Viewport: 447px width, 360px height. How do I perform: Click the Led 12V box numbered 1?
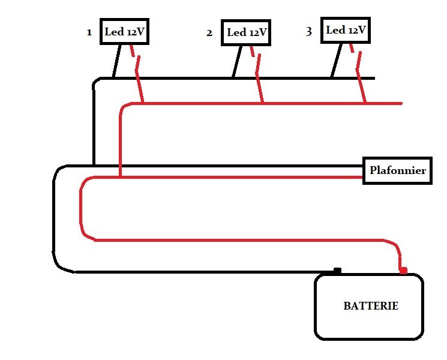(124, 32)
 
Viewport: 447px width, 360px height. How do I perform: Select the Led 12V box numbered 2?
(246, 32)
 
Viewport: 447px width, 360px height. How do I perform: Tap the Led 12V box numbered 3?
(346, 30)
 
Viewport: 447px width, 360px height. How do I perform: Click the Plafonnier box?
(397, 170)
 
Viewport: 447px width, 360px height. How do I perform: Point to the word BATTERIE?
(371, 306)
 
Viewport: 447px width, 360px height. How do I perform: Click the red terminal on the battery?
(403, 271)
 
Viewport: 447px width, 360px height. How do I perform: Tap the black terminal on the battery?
(337, 271)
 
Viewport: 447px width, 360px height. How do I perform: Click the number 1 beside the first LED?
(89, 32)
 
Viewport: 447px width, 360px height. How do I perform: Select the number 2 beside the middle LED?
(209, 33)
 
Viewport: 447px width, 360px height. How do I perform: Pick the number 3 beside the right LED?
(309, 31)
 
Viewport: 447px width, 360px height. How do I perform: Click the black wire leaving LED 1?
(116, 61)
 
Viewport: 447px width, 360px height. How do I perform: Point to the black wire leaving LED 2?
(237, 62)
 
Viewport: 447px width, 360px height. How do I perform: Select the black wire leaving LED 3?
(337, 61)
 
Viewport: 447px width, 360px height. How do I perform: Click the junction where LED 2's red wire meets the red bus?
(263, 103)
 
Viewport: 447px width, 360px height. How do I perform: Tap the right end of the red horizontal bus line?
(401, 103)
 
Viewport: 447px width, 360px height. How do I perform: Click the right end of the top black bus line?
(374, 78)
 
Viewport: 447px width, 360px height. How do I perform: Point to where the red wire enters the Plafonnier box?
(362, 177)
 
